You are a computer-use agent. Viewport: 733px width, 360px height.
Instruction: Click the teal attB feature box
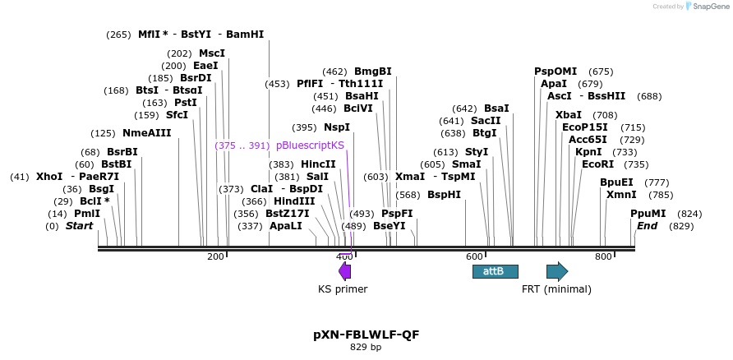(x=495, y=271)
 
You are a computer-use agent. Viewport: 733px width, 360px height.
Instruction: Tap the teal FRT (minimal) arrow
(x=557, y=271)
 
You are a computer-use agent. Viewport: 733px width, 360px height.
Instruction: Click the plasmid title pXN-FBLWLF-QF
(x=366, y=335)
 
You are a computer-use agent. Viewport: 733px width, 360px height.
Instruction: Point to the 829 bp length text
(x=366, y=347)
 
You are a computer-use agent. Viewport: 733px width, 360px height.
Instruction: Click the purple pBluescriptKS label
(x=310, y=145)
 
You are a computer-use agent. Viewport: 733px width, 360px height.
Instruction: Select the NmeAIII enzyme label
(x=141, y=133)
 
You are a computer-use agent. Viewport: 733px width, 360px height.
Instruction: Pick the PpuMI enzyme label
(x=648, y=214)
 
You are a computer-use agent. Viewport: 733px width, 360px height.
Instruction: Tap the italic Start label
(x=80, y=226)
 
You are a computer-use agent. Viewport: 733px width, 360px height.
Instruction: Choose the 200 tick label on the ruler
(x=215, y=257)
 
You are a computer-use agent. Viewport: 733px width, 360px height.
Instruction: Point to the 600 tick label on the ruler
(x=473, y=257)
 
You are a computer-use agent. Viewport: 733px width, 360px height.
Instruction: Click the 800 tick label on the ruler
(x=603, y=257)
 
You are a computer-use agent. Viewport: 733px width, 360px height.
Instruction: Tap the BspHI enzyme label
(x=444, y=196)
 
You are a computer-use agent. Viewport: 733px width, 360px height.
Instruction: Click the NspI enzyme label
(x=336, y=127)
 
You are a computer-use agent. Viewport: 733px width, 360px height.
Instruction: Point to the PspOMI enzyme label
(x=556, y=72)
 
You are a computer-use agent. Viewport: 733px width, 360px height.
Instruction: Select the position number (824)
(x=689, y=214)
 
